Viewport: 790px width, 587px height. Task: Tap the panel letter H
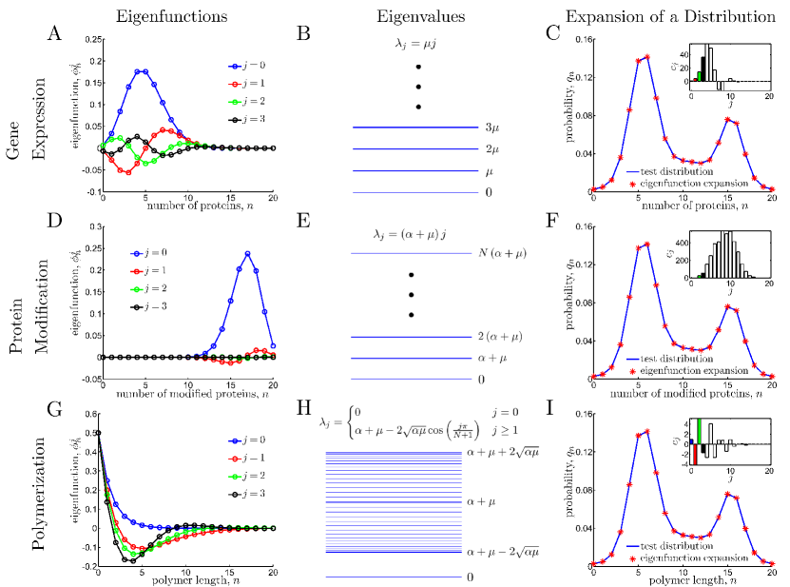point(303,408)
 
